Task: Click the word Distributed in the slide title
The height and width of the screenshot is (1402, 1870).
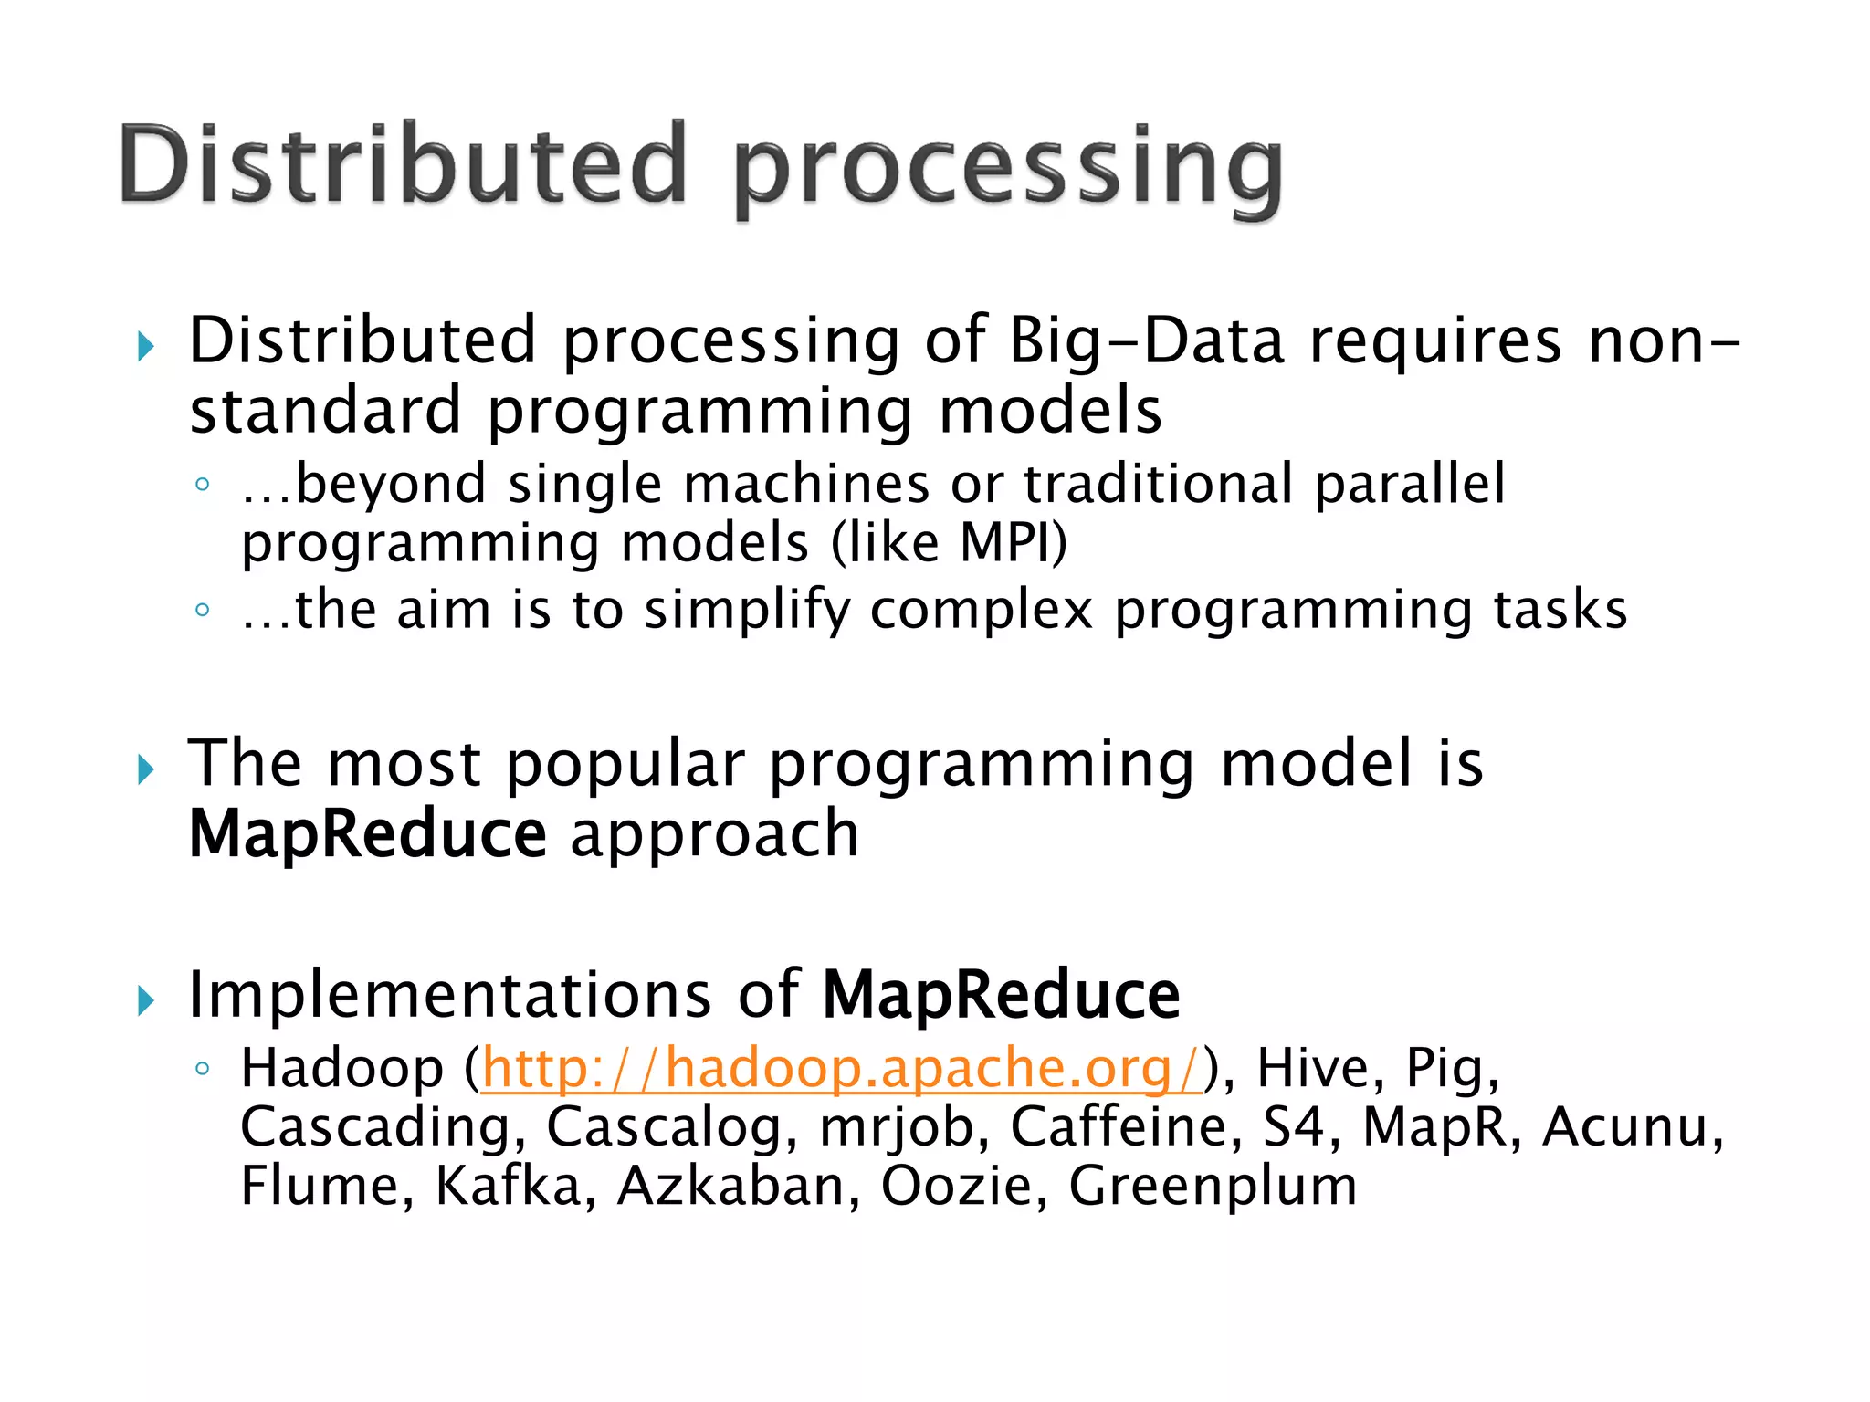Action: coord(402,164)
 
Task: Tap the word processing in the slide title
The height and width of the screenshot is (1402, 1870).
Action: coord(1009,169)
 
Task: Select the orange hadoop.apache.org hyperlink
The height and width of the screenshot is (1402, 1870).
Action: coord(841,1067)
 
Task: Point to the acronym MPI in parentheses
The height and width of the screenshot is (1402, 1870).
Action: coord(1008,543)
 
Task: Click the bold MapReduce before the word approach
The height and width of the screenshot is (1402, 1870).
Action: coord(367,833)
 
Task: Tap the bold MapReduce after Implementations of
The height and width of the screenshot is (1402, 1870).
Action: coord(1001,994)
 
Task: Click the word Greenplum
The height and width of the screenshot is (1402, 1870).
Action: coord(1213,1187)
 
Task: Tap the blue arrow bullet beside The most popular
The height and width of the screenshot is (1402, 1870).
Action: coord(146,769)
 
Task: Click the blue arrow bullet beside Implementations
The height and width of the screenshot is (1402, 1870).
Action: coord(146,1000)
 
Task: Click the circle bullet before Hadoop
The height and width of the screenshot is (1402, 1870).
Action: coord(203,1067)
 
